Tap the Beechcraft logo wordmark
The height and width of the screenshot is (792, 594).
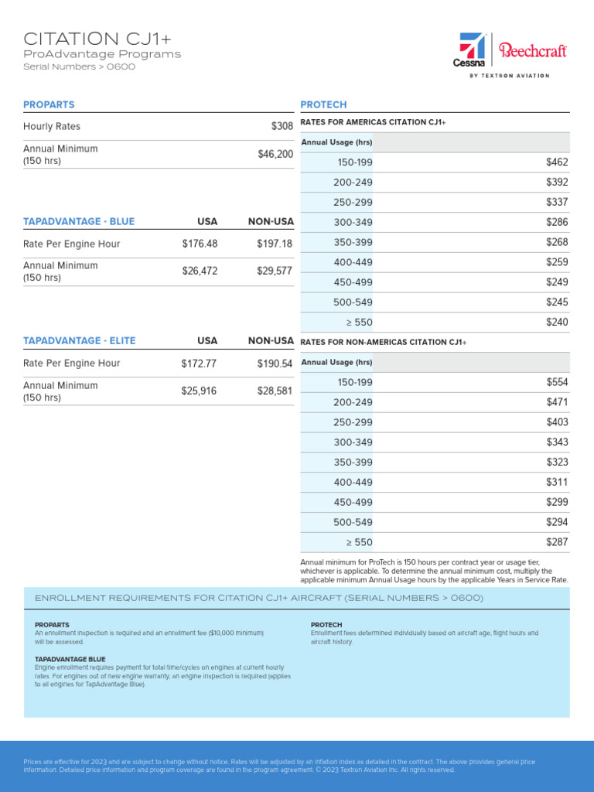tap(533, 51)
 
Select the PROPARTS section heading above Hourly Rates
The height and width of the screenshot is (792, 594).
tap(49, 104)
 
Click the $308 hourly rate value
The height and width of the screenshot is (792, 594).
tap(282, 126)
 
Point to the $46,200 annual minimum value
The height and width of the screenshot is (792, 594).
tap(275, 154)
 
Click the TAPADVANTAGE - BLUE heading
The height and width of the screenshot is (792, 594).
tap(79, 221)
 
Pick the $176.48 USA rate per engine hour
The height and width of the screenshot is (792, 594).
tap(200, 244)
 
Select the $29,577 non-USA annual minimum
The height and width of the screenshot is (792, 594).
tap(275, 271)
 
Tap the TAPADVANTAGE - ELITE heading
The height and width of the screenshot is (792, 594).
tap(80, 340)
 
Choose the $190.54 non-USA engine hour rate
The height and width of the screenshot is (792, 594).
tap(275, 364)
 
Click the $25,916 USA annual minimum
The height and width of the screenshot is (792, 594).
tap(200, 391)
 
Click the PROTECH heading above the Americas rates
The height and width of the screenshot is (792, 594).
tap(323, 104)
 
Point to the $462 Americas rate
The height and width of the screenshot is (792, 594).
tap(557, 162)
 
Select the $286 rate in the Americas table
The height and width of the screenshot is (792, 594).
tap(557, 223)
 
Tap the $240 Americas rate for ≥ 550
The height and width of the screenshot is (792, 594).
tap(557, 323)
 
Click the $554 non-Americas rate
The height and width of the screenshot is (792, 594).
tap(557, 382)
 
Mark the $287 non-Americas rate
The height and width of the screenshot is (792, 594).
tap(557, 542)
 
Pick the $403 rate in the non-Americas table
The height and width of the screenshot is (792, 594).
tap(557, 422)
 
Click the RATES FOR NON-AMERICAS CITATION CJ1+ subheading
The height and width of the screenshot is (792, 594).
tap(384, 342)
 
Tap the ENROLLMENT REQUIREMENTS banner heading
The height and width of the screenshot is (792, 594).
tap(259, 598)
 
